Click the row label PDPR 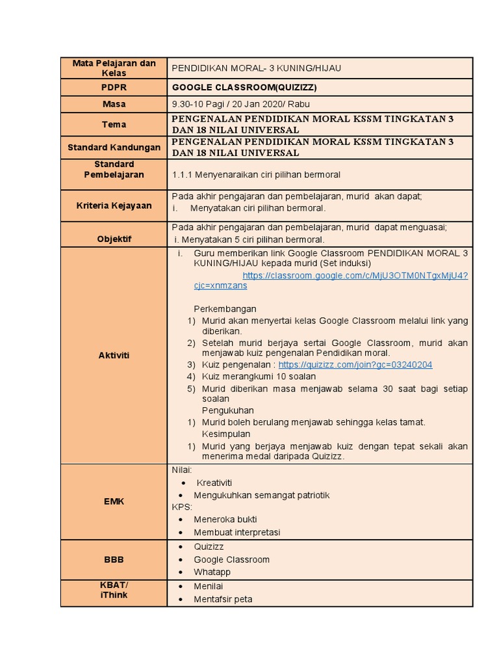coord(114,87)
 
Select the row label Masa coord(114,104)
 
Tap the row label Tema coord(114,124)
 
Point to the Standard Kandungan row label coord(114,148)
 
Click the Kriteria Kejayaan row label coord(114,206)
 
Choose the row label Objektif coord(114,239)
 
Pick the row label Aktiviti coord(114,355)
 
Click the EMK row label coord(114,501)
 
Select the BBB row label coord(114,559)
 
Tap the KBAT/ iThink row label coord(114,590)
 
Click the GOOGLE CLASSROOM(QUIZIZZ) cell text coord(235,87)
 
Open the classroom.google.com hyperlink coord(355,276)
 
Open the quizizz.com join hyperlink coord(355,365)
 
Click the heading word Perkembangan coord(225,309)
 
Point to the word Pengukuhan coord(227,410)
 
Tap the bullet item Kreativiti coord(214,483)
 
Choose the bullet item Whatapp coord(212,572)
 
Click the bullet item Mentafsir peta coord(223,599)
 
